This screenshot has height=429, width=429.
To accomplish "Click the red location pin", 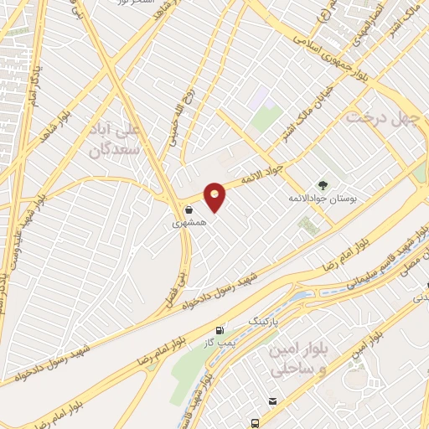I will pos(215,196).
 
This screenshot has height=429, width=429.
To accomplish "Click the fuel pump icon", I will pos(220,331).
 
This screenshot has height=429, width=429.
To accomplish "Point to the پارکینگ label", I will pos(264,320).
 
